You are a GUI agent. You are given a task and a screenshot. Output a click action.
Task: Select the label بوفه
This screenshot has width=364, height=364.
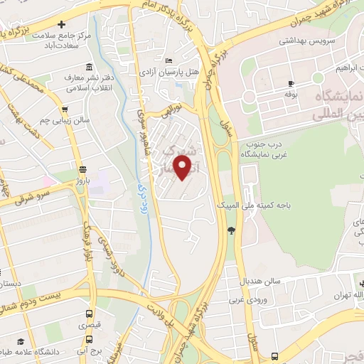tap(290, 93)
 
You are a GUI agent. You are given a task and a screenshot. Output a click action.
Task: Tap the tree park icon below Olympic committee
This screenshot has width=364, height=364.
tap(231, 229)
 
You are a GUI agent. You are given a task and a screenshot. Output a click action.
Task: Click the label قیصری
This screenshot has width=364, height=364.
tap(89, 325)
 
